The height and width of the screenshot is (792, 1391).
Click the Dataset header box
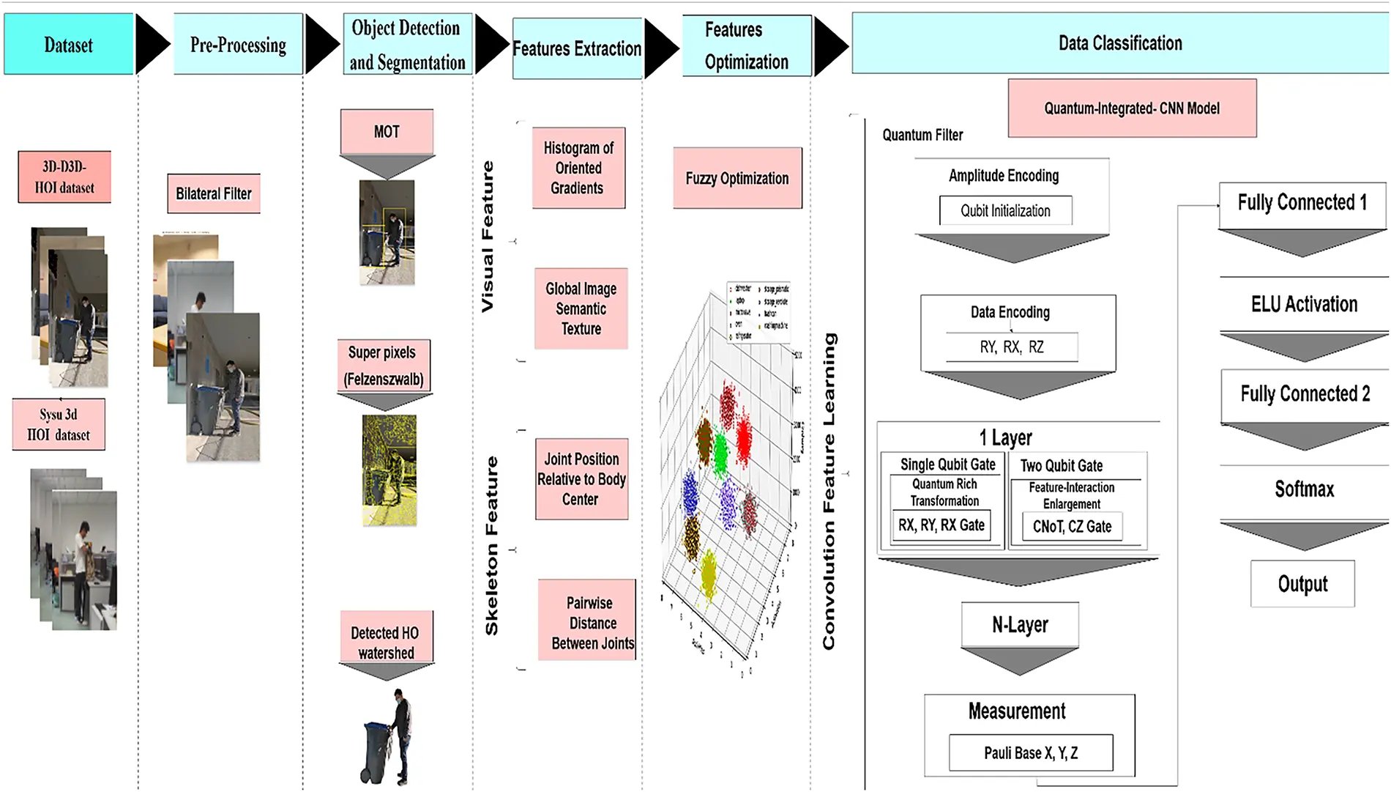pos(69,44)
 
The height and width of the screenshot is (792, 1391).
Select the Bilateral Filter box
pos(214,193)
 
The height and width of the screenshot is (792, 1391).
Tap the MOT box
pos(387,132)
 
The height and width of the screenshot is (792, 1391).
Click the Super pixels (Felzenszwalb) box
pos(384,366)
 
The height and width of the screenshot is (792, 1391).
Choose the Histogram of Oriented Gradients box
pos(578,168)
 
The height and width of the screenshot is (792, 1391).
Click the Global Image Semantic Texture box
pos(581,308)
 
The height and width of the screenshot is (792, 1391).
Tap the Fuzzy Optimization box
pos(737,178)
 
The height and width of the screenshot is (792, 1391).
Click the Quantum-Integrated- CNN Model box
pos(1132,108)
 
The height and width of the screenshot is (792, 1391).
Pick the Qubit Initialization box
pos(1006,211)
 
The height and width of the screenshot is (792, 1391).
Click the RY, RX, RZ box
pos(1012,347)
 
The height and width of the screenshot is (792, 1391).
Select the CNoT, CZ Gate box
pos(1072,526)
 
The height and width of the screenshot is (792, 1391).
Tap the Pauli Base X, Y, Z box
pos(1031,753)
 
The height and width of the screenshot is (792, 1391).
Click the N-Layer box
pos(1020,624)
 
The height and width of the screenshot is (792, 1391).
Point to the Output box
pos(1302,584)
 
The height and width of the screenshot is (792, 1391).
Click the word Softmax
pos(1304,489)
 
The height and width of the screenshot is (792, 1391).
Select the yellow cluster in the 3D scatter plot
pos(709,576)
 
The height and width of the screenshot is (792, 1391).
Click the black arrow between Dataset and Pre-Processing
pos(152,45)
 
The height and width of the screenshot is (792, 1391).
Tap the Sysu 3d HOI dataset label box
pos(59,424)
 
